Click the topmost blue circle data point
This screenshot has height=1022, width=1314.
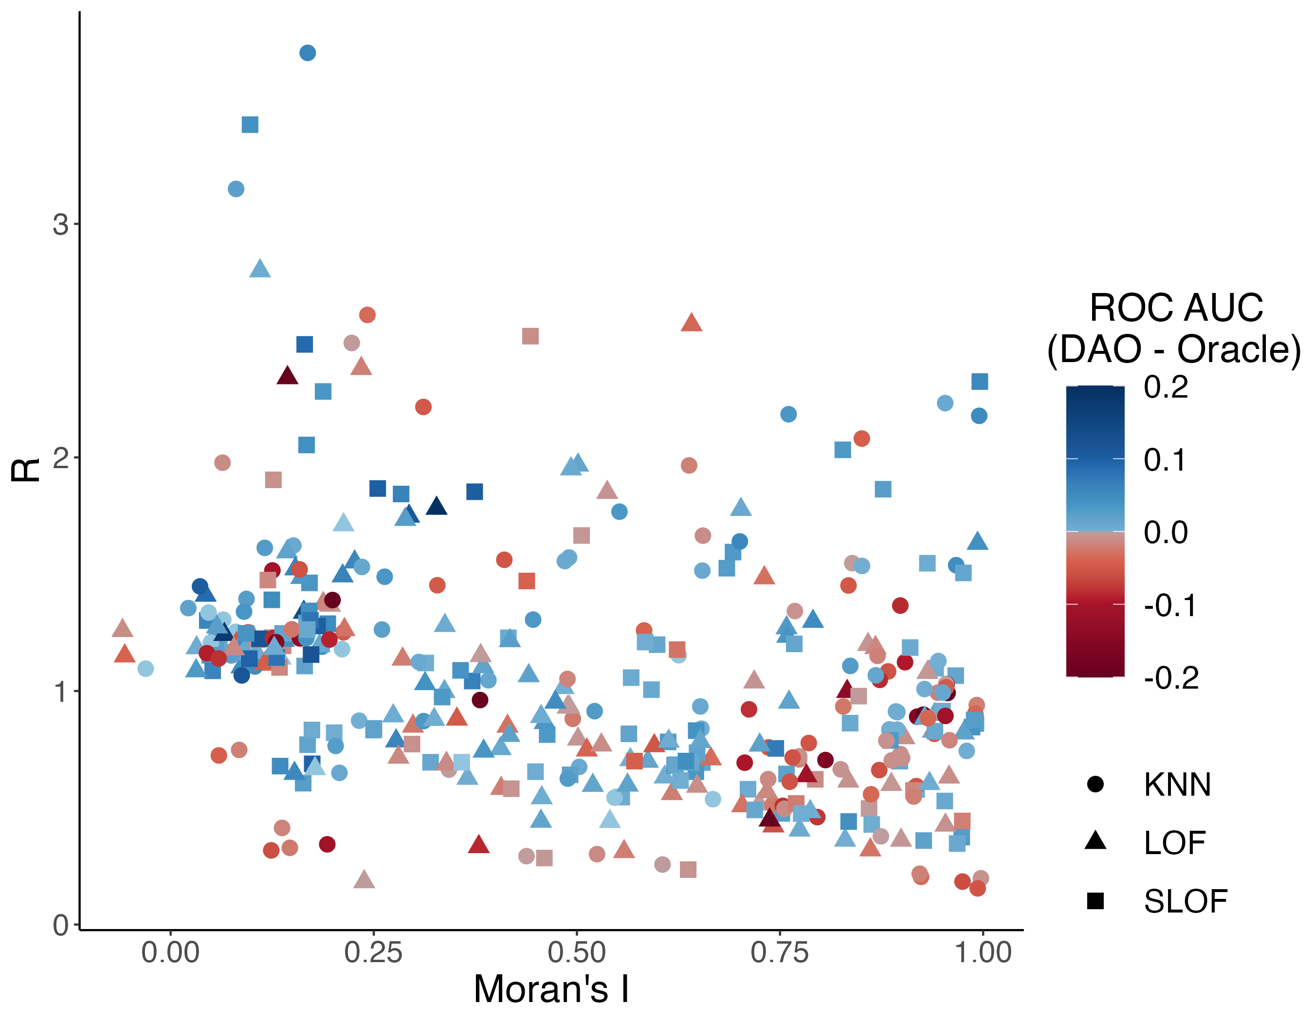[308, 53]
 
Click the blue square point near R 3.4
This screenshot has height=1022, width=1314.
[250, 125]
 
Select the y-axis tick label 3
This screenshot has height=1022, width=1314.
[60, 224]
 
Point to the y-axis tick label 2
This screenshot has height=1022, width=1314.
[60, 459]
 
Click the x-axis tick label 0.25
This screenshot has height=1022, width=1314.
[373, 953]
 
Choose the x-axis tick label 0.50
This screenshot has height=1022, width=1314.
[576, 953]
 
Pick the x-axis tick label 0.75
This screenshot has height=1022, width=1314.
[779, 953]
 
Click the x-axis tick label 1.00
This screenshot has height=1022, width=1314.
[983, 953]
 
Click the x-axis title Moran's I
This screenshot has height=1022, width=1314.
[551, 989]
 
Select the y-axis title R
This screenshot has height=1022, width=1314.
[25, 471]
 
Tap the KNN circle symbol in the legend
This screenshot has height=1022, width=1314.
[1095, 785]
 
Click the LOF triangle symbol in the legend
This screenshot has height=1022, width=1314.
[1095, 841]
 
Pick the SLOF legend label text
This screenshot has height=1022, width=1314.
[1185, 901]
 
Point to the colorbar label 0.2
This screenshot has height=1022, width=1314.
[1166, 387]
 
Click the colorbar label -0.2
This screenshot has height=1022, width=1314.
[1171, 678]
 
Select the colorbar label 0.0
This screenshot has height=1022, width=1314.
[1166, 532]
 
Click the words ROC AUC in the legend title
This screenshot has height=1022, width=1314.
[1176, 308]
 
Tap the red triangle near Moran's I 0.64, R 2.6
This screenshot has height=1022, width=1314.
[692, 323]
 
